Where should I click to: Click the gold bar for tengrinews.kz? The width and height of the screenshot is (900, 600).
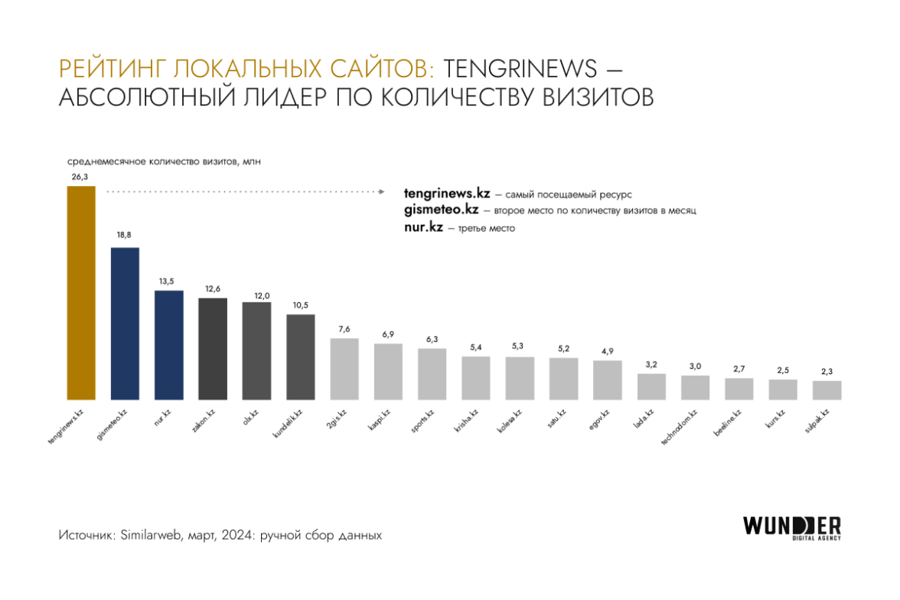click(81, 292)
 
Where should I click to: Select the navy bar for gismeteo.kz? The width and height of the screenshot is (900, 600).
click(125, 323)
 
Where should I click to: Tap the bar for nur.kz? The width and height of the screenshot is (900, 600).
click(168, 344)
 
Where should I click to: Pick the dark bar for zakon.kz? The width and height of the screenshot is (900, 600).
click(213, 348)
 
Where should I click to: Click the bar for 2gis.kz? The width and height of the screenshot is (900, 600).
click(344, 369)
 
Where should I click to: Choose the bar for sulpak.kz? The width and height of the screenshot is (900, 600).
click(827, 390)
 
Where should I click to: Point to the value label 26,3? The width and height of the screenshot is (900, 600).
click(80, 176)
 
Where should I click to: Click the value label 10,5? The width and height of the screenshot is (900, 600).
click(300, 305)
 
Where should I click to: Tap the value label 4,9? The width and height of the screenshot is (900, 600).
click(607, 351)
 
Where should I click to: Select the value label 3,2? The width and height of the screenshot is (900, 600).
click(651, 364)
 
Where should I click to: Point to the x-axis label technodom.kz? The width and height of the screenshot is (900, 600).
click(683, 427)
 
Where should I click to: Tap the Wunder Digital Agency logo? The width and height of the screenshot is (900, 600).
click(791, 527)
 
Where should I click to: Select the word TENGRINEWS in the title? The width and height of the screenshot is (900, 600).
click(520, 69)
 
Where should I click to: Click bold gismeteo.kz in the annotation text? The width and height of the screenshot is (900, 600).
click(441, 210)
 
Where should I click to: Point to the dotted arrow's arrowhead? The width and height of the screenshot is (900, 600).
click(381, 191)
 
